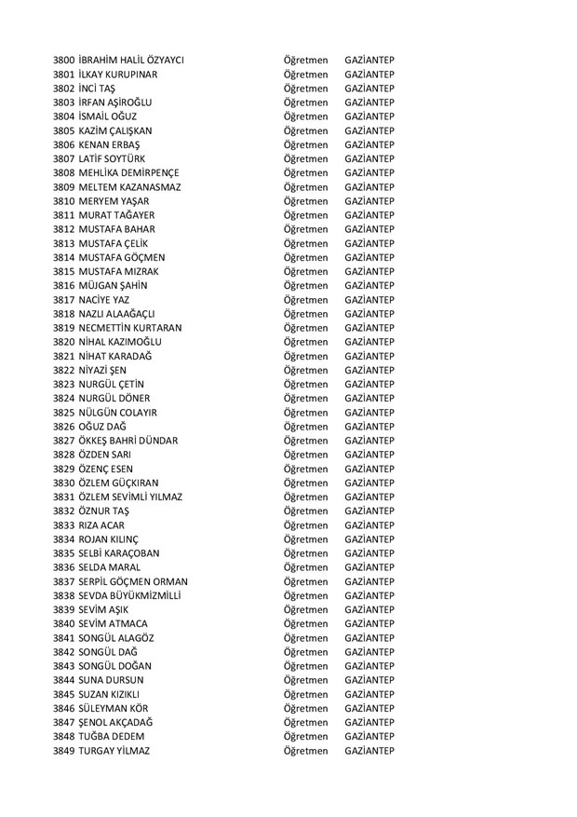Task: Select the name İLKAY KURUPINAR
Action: coord(118,74)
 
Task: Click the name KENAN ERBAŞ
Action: coord(110,144)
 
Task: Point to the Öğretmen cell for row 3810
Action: coord(306,201)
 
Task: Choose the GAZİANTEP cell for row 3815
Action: coord(369,271)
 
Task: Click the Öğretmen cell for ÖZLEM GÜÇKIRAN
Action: coord(306,483)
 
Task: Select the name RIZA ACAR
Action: coord(101,525)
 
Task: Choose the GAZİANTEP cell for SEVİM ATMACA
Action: coord(369,623)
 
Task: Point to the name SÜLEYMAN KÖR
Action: coord(114,708)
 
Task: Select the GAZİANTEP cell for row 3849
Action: coord(369,751)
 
